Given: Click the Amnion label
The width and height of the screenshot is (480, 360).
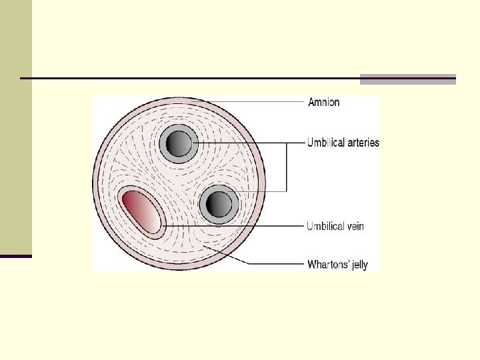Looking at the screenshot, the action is pos(323,102).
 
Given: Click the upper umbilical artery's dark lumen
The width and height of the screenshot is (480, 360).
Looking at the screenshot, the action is pos(178,143).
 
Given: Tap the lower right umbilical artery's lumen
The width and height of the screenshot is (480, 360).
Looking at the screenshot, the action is pos(217,203).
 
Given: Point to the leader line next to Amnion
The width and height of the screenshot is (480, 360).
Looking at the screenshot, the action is pos(267,102).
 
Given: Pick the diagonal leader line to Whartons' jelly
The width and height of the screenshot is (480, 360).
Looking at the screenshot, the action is pos(230,257).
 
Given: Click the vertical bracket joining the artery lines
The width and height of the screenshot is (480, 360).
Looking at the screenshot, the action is pos(287,167).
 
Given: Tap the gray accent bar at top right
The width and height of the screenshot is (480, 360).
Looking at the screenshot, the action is pos(407,79).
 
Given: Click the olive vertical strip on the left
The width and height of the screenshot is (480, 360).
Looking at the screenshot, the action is pos(15,127).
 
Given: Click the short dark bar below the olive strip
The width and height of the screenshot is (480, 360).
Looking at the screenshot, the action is pos(15,256).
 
